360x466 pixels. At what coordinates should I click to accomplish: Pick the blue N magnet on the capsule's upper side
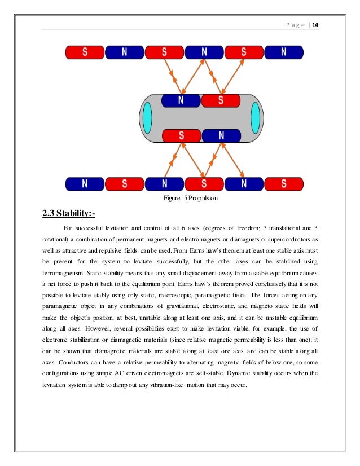click(181, 100)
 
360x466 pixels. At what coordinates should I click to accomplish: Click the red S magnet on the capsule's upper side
click(221, 100)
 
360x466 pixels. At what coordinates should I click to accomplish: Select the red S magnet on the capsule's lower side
click(182, 136)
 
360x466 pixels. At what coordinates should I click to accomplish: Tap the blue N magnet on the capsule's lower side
click(221, 136)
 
